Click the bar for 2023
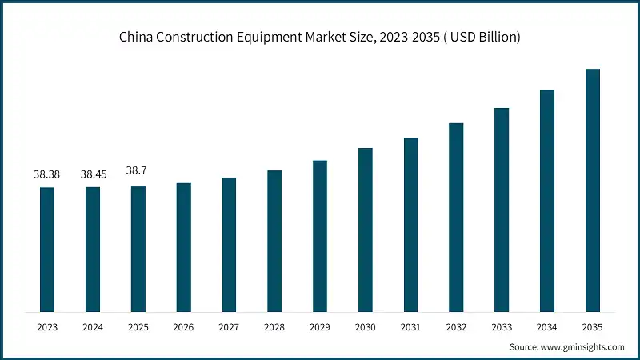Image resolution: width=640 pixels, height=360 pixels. click(x=47, y=250)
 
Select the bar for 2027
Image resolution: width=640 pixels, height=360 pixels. click(x=229, y=245)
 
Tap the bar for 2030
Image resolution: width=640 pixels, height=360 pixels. click(x=366, y=230)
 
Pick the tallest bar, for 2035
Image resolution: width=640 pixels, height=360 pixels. click(x=593, y=190)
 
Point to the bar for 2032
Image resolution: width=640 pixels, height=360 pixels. click(x=456, y=218)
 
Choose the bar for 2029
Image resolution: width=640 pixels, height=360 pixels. click(x=320, y=236)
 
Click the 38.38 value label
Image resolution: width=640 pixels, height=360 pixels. click(x=47, y=174)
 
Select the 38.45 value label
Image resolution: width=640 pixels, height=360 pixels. click(x=93, y=174)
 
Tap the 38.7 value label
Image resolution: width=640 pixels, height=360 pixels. click(x=138, y=171)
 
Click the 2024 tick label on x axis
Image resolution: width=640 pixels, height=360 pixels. click(x=93, y=326)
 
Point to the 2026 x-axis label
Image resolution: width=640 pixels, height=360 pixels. click(x=184, y=326)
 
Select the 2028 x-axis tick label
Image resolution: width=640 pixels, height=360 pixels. click(x=274, y=326)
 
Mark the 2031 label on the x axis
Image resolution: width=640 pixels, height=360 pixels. click(x=411, y=326)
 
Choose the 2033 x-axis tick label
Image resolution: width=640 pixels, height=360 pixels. click(x=502, y=326)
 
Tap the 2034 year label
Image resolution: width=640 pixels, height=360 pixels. click(x=547, y=326)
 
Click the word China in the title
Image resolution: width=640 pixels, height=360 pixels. click(x=136, y=38)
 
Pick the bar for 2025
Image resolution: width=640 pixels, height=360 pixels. click(x=138, y=249)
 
